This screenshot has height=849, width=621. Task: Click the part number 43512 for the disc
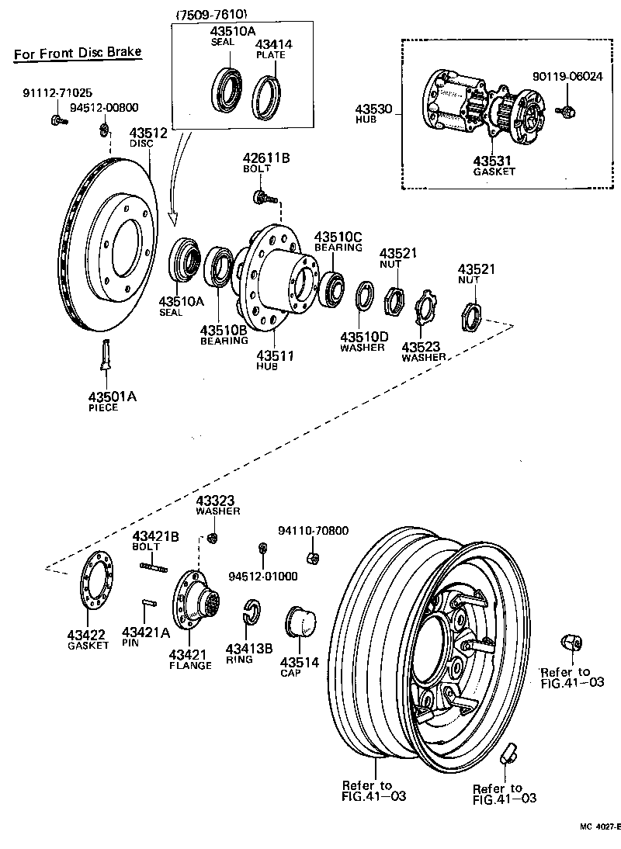click(x=148, y=133)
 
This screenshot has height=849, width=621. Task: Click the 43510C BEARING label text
click(x=338, y=241)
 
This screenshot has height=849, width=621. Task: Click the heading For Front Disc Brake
click(x=78, y=53)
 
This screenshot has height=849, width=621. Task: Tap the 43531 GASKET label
click(x=494, y=165)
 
